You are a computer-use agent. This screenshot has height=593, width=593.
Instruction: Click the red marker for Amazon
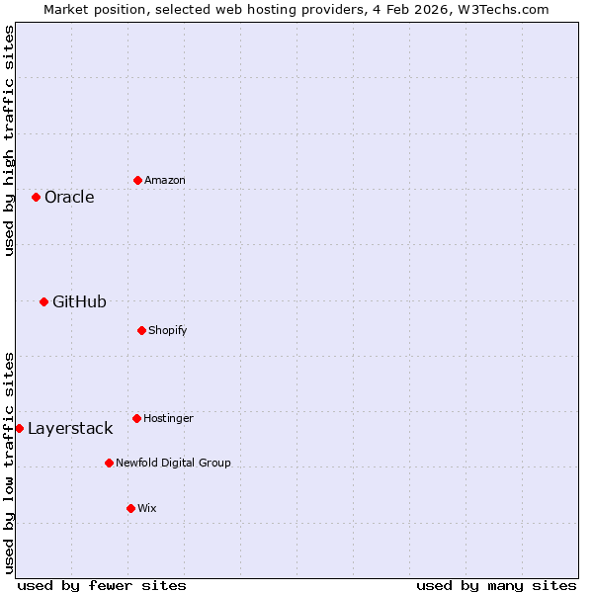(x=137, y=180)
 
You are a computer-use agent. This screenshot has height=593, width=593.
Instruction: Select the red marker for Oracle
(x=36, y=197)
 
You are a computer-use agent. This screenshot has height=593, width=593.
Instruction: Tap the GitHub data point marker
(x=43, y=301)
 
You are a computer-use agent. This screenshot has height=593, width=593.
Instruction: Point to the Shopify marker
(x=141, y=330)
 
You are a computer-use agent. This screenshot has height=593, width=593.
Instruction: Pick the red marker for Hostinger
(x=136, y=418)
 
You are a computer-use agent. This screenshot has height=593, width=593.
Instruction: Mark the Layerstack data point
(x=19, y=428)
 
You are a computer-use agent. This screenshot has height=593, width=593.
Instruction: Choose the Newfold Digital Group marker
(x=109, y=463)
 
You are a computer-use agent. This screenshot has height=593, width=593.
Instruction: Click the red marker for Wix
(x=130, y=508)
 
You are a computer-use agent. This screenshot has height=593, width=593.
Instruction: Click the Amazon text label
(x=165, y=180)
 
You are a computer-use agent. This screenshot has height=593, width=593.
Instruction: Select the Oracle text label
(x=69, y=197)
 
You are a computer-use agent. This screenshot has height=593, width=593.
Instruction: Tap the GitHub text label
(x=79, y=301)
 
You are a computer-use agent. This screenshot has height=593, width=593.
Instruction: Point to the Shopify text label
(x=168, y=330)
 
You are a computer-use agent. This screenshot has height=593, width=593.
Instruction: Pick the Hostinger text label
(x=168, y=418)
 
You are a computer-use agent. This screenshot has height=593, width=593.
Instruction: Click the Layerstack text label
(x=70, y=428)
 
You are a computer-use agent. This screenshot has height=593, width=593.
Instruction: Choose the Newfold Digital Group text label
(x=173, y=463)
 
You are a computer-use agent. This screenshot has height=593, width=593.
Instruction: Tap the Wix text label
(x=146, y=508)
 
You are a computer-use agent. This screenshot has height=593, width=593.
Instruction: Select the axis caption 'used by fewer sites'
(x=102, y=585)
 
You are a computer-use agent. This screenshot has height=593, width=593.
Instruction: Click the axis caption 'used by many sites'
(x=496, y=585)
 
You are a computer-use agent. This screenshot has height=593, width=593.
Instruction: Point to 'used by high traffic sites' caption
(x=9, y=140)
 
